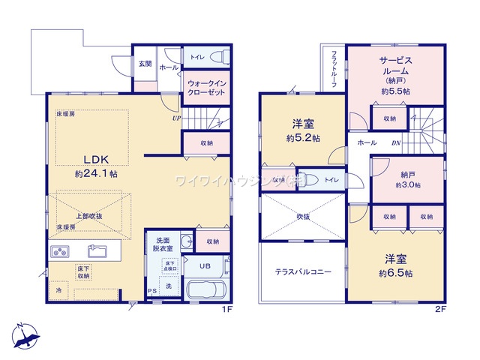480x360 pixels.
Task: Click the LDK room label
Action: point(97,159)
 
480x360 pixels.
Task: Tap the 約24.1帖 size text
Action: point(95,173)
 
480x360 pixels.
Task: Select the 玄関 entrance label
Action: point(144,64)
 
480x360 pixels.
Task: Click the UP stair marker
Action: point(176,118)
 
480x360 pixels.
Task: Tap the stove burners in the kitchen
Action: point(61,251)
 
